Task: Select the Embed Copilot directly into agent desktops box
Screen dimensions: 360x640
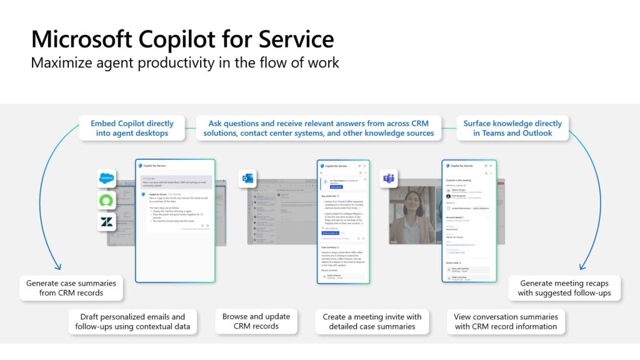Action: click(x=132, y=128)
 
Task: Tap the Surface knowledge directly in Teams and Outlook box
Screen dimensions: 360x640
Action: click(x=512, y=128)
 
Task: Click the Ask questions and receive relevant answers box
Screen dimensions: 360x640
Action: click(x=319, y=128)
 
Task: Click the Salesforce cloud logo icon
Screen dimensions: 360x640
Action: click(x=107, y=179)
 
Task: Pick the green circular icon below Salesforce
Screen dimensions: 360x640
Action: click(x=107, y=201)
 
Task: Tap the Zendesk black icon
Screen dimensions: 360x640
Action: click(x=107, y=222)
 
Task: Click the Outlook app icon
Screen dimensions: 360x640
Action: click(x=247, y=179)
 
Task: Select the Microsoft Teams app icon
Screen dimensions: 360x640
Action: click(x=389, y=179)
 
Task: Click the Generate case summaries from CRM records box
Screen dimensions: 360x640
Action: click(x=73, y=287)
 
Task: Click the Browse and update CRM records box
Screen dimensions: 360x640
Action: click(x=256, y=321)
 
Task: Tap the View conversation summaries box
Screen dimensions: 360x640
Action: click(x=506, y=321)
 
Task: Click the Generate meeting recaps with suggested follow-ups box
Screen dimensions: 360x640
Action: click(x=564, y=287)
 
